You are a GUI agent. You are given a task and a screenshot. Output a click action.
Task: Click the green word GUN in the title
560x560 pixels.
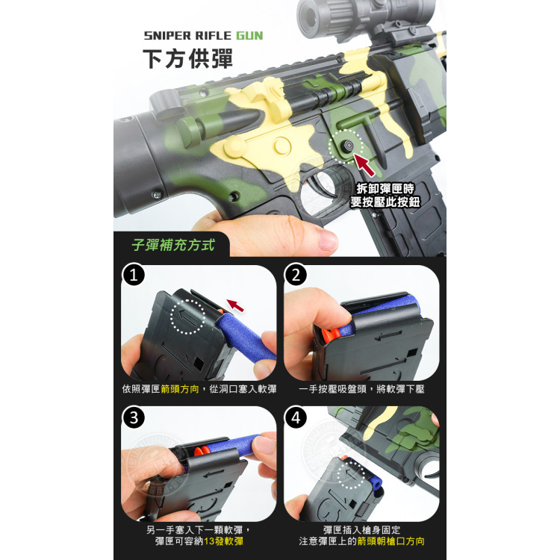(x=249, y=35)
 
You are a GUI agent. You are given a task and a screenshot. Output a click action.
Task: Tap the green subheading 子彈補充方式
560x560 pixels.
(x=172, y=244)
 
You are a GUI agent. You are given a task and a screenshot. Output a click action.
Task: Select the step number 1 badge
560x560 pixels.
(x=134, y=276)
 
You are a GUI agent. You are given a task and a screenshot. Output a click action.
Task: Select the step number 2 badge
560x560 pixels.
(x=296, y=276)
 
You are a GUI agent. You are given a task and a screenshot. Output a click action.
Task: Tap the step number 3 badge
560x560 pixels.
(x=134, y=417)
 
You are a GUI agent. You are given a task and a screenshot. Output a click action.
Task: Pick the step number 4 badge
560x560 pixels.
(x=296, y=417)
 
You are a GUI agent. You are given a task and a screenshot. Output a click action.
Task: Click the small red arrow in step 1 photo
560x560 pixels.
(x=236, y=305)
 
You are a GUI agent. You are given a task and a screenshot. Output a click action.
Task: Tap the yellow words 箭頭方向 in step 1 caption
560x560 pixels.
(x=180, y=389)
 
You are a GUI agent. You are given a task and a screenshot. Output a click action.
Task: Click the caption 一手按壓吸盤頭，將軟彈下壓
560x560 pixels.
(x=361, y=389)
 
